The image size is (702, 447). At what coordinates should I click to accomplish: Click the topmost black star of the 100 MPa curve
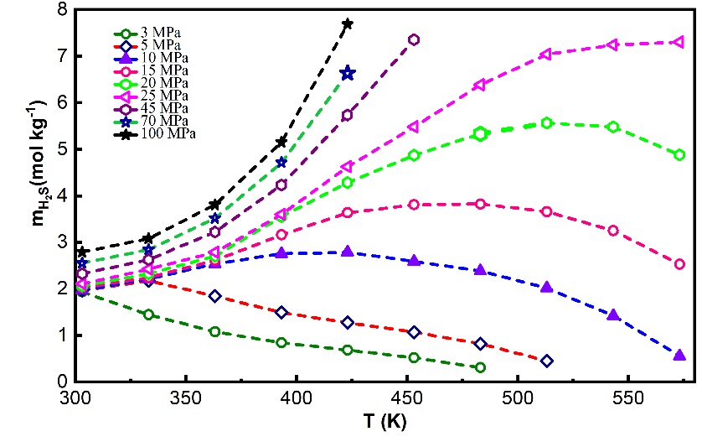pos(348,23)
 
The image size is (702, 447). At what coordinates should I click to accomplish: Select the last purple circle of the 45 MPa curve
pos(414,39)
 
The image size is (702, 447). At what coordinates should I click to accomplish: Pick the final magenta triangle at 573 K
pos(679,41)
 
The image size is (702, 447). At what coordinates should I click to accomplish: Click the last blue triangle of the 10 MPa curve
pos(679,356)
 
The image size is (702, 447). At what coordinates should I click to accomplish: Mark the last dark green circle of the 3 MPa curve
pos(480,367)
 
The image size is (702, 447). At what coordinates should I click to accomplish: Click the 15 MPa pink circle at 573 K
pos(679,264)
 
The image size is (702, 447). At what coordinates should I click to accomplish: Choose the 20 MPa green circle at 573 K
pos(679,154)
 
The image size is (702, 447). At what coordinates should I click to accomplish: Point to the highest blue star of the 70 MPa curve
pos(348,74)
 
